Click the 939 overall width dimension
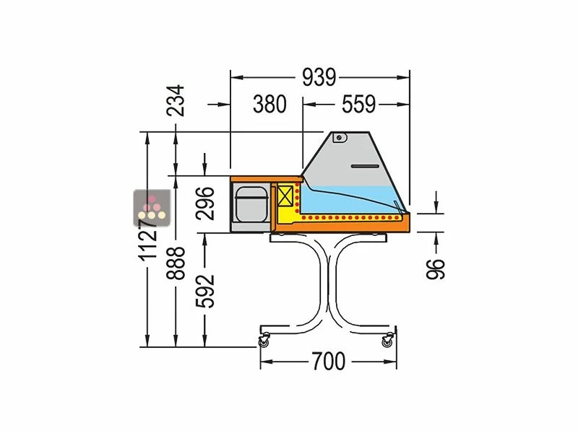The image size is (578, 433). tap(319, 77)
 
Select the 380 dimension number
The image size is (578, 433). tap(269, 104)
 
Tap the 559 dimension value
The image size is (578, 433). tap(358, 104)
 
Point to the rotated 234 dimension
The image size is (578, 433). tap(175, 100)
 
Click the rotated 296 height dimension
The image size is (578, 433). tap(205, 204)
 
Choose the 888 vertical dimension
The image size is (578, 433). tap(176, 263)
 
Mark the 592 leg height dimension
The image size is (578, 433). tap(205, 291)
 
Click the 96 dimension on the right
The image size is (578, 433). tap(436, 268)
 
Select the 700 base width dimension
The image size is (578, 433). tap(329, 362)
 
